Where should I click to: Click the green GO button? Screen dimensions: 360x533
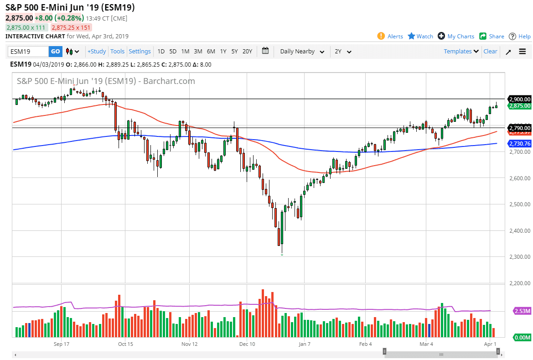55,52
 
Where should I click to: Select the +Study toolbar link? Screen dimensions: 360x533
97,52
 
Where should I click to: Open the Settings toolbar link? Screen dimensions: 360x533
140,52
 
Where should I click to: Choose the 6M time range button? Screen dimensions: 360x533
211,52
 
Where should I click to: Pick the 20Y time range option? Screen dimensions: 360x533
247,52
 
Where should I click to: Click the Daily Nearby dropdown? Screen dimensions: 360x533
302,52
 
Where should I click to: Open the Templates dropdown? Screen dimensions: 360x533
461,52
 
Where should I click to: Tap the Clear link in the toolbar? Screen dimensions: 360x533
490,52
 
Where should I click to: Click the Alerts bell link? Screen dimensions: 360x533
390,37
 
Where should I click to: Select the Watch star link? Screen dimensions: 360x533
420,37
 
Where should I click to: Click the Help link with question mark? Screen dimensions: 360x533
520,37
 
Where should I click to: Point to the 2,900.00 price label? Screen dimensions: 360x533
519,99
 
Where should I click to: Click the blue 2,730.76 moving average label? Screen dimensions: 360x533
519,144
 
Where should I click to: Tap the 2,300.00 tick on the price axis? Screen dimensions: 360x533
519,257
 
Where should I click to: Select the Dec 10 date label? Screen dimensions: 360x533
247,344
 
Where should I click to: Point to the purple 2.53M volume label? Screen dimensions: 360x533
522,311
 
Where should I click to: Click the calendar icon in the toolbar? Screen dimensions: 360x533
265,51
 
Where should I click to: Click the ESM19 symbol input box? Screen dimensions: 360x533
28,52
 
